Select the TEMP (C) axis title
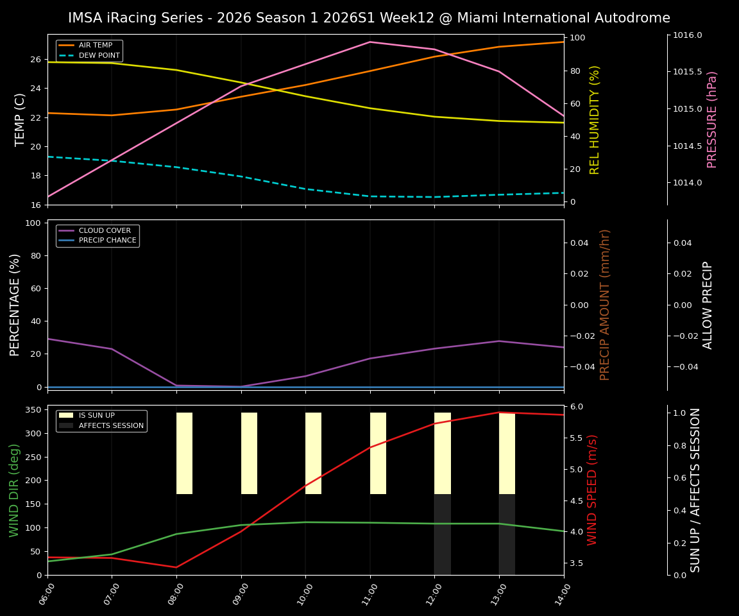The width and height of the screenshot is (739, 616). click(x=21, y=119)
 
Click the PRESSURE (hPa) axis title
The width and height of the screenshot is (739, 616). click(x=712, y=119)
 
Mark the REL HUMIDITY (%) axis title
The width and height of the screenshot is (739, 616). click(x=595, y=119)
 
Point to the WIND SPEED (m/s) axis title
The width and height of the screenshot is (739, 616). click(x=592, y=490)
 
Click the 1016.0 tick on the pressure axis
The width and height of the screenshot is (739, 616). click(x=687, y=35)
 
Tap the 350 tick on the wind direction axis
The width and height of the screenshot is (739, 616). click(x=35, y=409)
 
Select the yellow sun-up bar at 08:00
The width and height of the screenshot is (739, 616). click(x=185, y=453)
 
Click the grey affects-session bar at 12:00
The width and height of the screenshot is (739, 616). click(x=443, y=535)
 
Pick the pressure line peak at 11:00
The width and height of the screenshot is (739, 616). click(x=369, y=42)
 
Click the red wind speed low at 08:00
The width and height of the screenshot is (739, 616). click(x=176, y=567)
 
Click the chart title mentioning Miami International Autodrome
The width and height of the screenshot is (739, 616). click(x=369, y=18)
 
